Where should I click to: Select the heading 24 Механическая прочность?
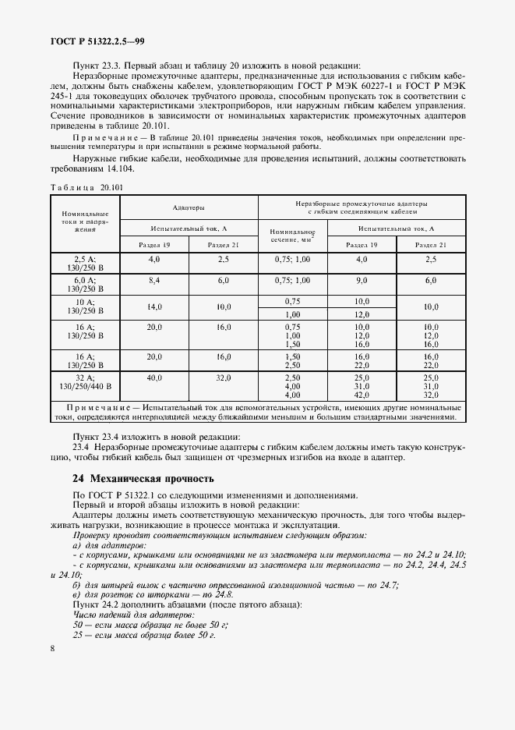[x=142, y=478]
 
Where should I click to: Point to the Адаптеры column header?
[x=189, y=208]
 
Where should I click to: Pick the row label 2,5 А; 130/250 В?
[x=85, y=263]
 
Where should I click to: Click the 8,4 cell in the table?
[x=154, y=280]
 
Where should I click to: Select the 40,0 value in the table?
[x=154, y=377]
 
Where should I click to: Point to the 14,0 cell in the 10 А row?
[x=154, y=307]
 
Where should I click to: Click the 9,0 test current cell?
[x=362, y=280]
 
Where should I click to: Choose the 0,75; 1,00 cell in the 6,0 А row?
[x=292, y=280]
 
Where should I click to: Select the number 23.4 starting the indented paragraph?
[x=81, y=448]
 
